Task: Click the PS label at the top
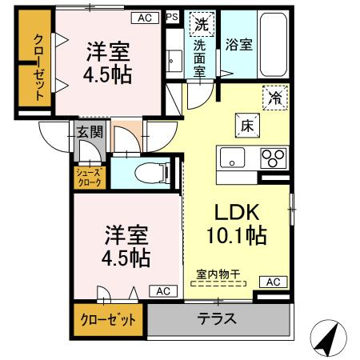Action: [172, 16]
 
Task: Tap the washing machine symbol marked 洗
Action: [199, 25]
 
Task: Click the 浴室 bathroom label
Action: [239, 45]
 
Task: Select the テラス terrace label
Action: [217, 318]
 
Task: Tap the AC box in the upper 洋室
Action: [144, 16]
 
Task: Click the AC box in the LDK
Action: [273, 282]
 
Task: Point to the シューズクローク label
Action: [89, 175]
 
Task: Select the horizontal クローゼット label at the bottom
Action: [106, 319]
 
